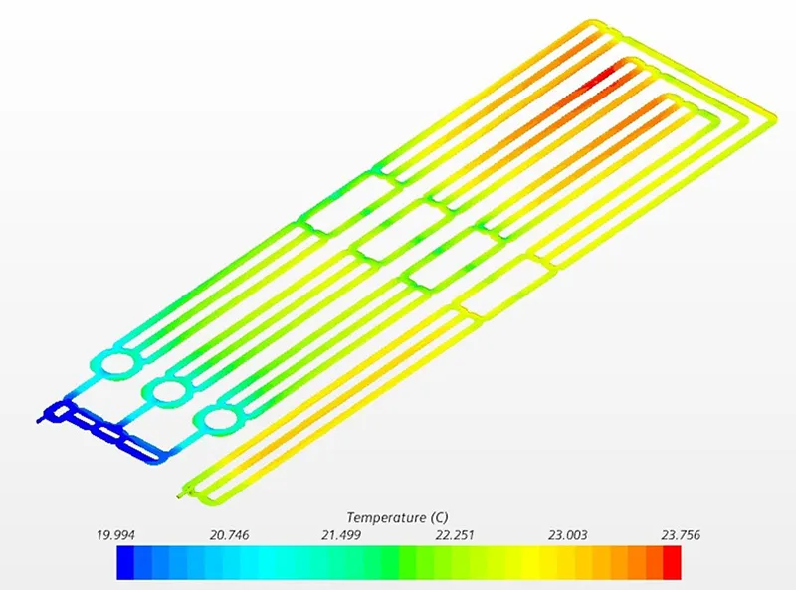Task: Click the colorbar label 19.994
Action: [x=117, y=535]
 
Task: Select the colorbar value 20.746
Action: [x=230, y=535]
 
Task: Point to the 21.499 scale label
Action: [x=342, y=535]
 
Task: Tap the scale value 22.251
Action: [x=455, y=535]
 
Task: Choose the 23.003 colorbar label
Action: [x=567, y=535]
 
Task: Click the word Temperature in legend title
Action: [x=386, y=517]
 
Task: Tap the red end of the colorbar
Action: [x=673, y=562]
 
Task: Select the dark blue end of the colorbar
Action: [x=125, y=562]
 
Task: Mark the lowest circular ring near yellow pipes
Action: [x=216, y=422]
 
